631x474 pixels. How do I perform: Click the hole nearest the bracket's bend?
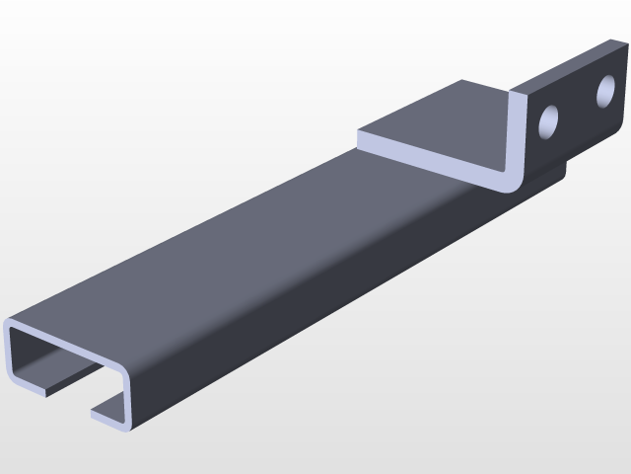(x=548, y=121)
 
